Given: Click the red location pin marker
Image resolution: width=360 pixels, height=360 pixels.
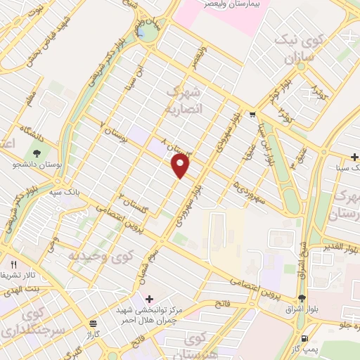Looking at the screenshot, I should [x=181, y=165].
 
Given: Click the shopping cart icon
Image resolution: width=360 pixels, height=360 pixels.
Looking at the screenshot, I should [x=252, y=115].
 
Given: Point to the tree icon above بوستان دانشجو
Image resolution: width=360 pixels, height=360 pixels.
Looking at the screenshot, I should [x=37, y=152].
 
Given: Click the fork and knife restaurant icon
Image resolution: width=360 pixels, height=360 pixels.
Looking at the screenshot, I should [x=13, y=263].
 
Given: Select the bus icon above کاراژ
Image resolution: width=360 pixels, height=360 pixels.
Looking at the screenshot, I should [x=94, y=323].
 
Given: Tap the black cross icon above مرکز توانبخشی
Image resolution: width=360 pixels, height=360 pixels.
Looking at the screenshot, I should [x=148, y=299].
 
